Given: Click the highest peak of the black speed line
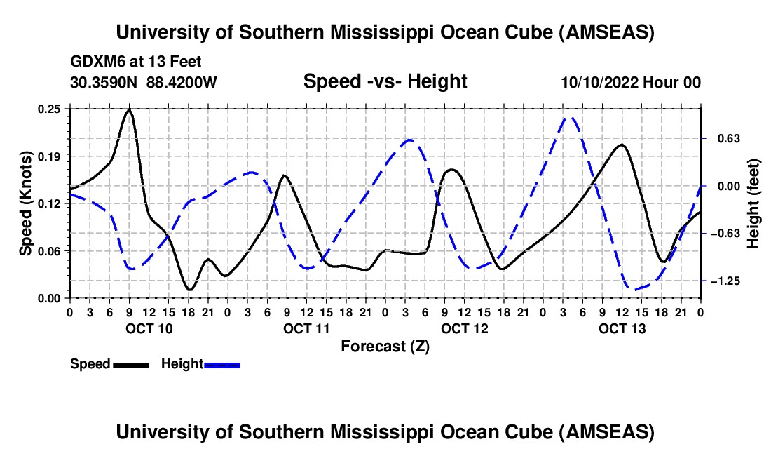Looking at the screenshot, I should pyautogui.click(x=129, y=110).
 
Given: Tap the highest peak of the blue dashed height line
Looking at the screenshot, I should pyautogui.click(x=571, y=118).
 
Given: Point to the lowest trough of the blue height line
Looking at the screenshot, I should pyautogui.click(x=634, y=289).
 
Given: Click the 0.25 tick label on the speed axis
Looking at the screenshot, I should pyautogui.click(x=49, y=109).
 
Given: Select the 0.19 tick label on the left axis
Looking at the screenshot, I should pyautogui.click(x=49, y=156).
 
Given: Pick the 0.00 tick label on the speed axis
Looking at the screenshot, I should pyautogui.click(x=49, y=298).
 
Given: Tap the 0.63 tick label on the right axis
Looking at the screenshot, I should pyautogui.click(x=722, y=138).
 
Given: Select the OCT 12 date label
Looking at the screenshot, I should pyautogui.click(x=463, y=328).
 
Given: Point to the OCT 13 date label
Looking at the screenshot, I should pyautogui.click(x=621, y=328).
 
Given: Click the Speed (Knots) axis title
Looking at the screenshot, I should pyautogui.click(x=26, y=203).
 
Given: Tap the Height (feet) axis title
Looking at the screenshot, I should pyautogui.click(x=753, y=203).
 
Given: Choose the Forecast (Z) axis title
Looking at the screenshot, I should pyautogui.click(x=385, y=346).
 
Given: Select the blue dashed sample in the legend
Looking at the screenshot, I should pyautogui.click(x=221, y=364).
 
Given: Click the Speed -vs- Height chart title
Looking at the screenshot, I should pyautogui.click(x=385, y=81).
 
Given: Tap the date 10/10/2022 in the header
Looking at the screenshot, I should pyautogui.click(x=600, y=82).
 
